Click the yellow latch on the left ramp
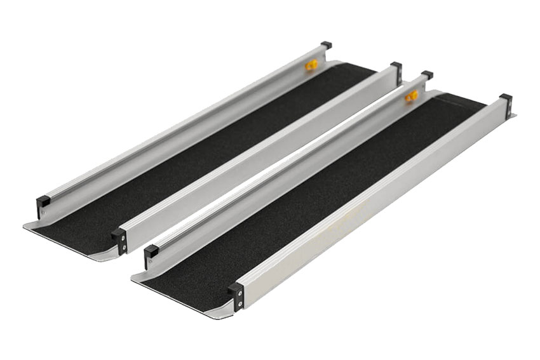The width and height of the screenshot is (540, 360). (x=311, y=65)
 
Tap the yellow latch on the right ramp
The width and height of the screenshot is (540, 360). (x=412, y=96)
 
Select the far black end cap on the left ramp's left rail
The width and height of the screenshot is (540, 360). (x=326, y=45)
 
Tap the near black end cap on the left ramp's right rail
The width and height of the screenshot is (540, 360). (x=119, y=240)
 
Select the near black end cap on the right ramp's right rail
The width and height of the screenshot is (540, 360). (x=236, y=295)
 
